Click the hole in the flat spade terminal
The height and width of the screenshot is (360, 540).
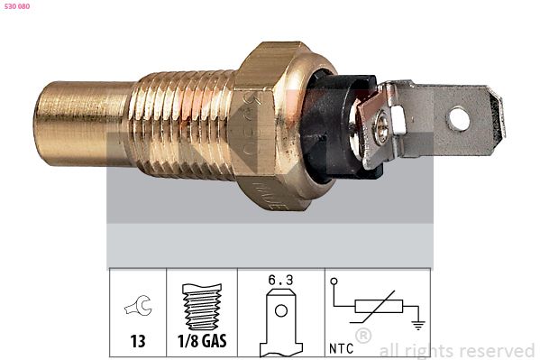click(x=459, y=117)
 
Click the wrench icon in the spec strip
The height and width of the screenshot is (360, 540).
click(x=138, y=308)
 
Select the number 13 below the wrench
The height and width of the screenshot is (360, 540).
click(x=138, y=344)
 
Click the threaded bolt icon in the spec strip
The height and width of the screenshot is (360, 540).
click(x=202, y=308)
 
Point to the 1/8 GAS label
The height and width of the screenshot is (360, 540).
click(x=202, y=344)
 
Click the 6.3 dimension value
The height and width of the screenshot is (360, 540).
click(x=281, y=281)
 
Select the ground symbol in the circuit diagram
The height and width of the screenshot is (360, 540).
click(x=416, y=323)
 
